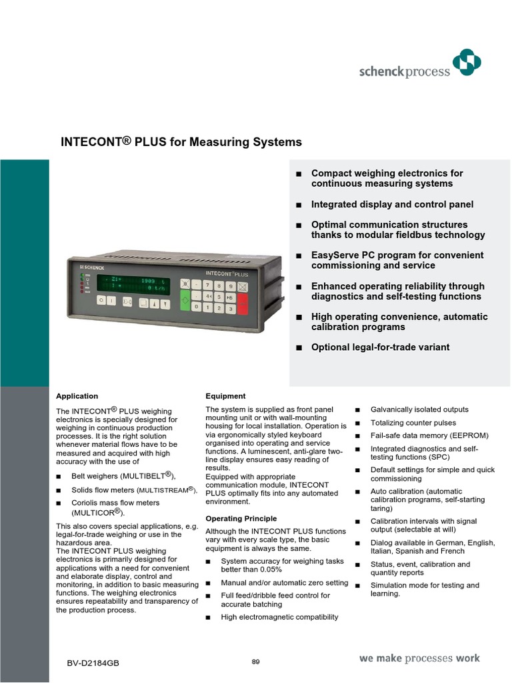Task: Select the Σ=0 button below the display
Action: pyautogui.click(x=127, y=302)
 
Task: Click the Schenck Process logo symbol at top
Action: pyautogui.click(x=466, y=65)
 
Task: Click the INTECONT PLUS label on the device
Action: pyautogui.click(x=227, y=273)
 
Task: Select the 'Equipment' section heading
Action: pyautogui.click(x=225, y=396)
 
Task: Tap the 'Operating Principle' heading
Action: pyautogui.click(x=241, y=518)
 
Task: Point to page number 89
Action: pyautogui.click(x=255, y=661)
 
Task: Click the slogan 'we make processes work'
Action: pyautogui.click(x=419, y=658)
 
